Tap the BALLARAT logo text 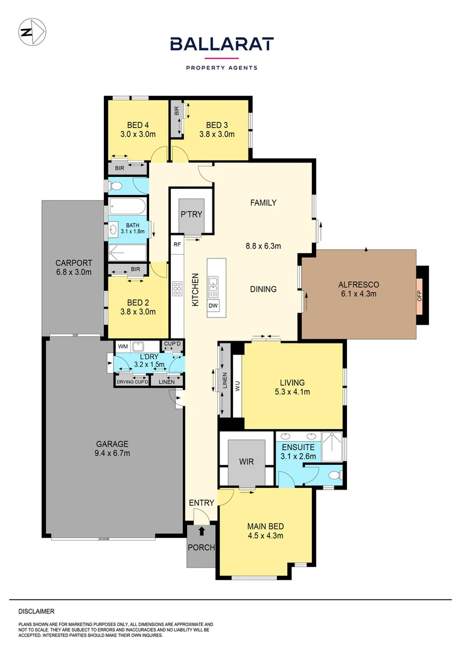pos(221,44)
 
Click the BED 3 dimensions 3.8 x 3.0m pos(217,135)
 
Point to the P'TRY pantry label pos(191,214)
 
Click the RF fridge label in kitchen pos(177,245)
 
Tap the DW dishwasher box pos(213,305)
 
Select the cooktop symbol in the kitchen pos(177,289)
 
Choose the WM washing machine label pos(123,347)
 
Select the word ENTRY pos(201,503)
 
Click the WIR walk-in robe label pos(246,462)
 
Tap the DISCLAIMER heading pos(36,611)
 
